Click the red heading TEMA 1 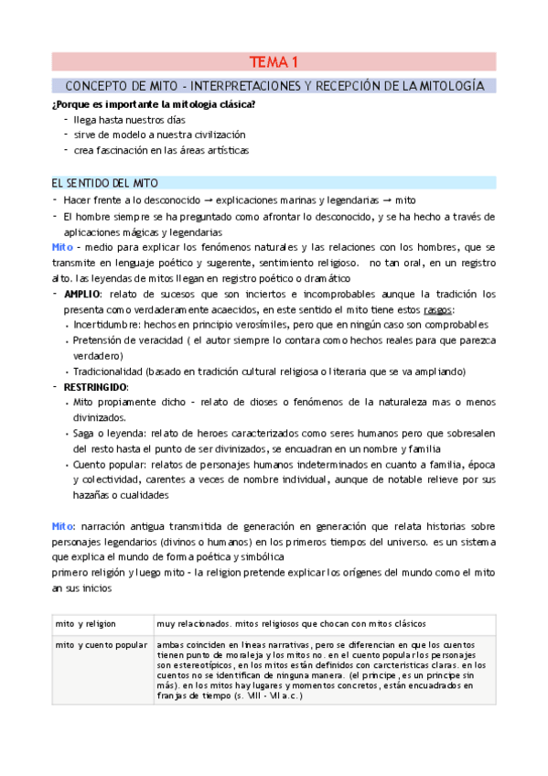[x=274, y=62]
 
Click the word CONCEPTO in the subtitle [x=98, y=85]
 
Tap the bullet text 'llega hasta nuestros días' [x=124, y=120]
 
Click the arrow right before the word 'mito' [x=387, y=200]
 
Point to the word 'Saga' [x=85, y=434]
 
